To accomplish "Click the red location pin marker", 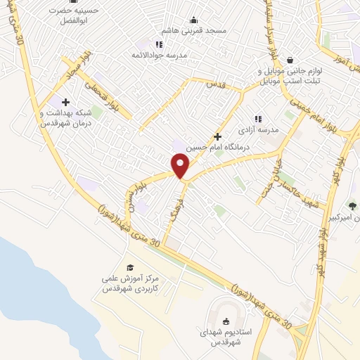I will [181, 165].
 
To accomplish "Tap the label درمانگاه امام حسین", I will [218, 148].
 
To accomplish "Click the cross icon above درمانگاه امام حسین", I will [218, 136].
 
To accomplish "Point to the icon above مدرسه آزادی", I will [258, 119].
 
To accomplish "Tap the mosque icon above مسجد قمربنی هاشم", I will [194, 20].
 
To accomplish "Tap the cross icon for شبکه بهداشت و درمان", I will [66, 102].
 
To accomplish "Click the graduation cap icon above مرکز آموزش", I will [130, 267].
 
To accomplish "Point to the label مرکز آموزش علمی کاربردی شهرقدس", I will [130, 284].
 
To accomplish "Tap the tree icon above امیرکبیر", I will [352, 206].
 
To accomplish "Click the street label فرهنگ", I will [168, 207].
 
